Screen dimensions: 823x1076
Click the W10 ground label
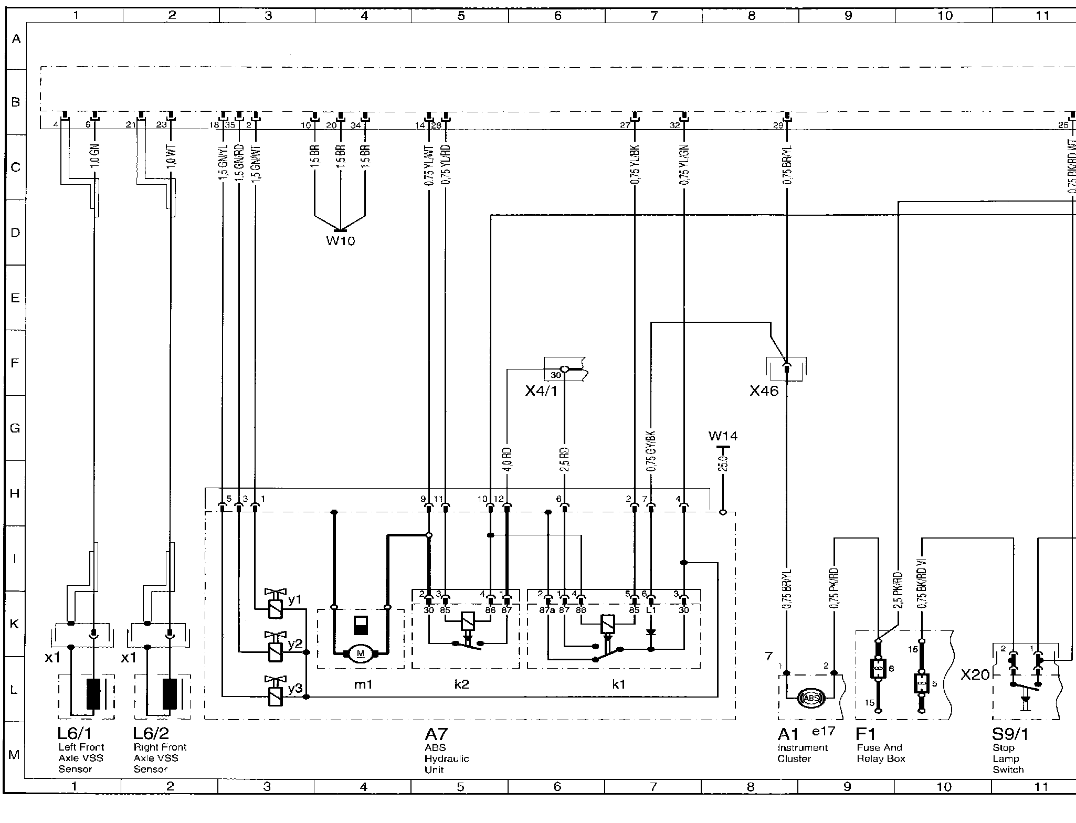click(341, 241)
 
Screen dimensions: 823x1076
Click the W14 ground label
click(723, 436)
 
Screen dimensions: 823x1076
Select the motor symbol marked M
click(360, 653)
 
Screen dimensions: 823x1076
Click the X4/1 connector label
click(541, 391)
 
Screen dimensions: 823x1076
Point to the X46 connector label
click(764, 391)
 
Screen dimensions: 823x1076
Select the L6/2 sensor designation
click(151, 734)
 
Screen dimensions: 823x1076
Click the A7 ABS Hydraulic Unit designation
click(436, 734)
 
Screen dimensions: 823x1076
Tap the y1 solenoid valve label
click(295, 599)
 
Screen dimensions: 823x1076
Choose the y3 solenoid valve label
click(295, 688)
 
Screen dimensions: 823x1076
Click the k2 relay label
click(461, 684)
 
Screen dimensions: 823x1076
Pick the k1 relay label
click(619, 684)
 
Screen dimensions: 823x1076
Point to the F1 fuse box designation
click(866, 734)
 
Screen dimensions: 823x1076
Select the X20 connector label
click(975, 675)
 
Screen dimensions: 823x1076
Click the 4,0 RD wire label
click(508, 459)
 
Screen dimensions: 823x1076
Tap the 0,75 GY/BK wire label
click(651, 451)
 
